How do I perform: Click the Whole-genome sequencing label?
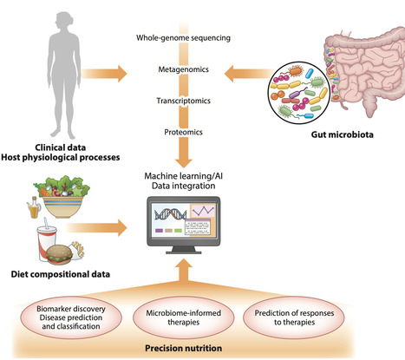tap(200, 38)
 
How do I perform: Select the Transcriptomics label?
tap(200, 101)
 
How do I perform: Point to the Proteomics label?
tap(200, 132)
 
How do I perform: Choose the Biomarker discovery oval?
tap(76, 312)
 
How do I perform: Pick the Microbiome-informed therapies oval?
tap(200, 312)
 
